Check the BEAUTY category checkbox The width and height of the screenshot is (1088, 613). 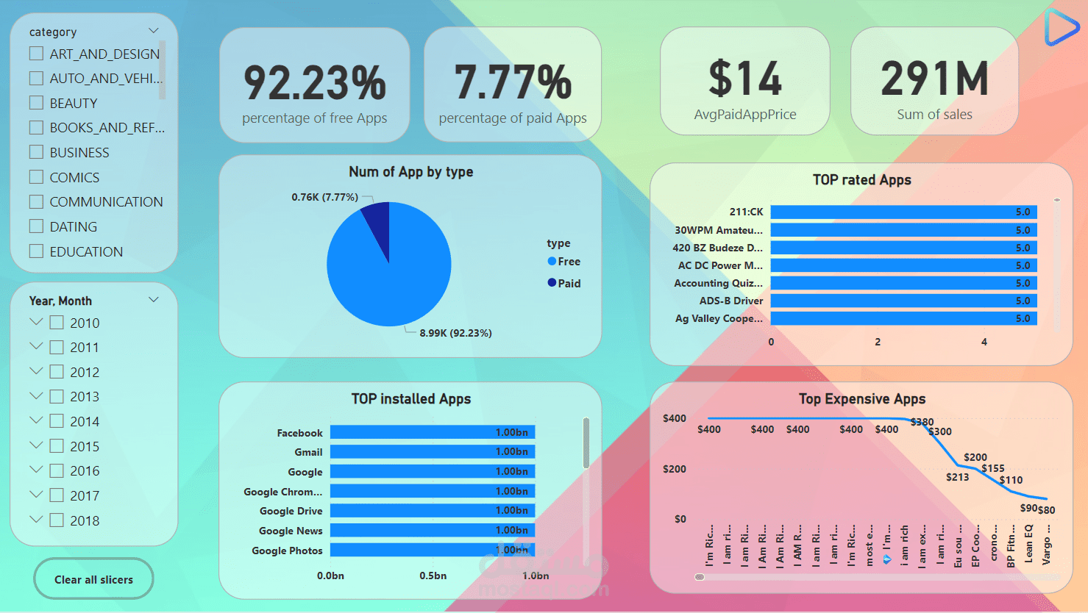point(36,103)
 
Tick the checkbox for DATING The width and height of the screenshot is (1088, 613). point(36,226)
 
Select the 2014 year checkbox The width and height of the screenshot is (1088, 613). point(57,421)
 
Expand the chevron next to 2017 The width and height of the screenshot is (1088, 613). point(36,495)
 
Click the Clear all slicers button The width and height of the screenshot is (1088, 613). point(93,579)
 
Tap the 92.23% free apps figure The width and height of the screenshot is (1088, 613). point(314,82)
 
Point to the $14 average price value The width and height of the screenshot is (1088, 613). point(744,79)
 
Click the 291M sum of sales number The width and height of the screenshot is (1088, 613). point(934,79)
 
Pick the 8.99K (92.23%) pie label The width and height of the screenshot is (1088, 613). point(455,333)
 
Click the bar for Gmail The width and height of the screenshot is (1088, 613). point(432,452)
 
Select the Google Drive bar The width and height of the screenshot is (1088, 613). point(432,511)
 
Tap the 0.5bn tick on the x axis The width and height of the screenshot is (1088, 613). point(433,576)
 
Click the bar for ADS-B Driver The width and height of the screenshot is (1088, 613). point(903,301)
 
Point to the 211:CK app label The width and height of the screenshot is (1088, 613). point(746,212)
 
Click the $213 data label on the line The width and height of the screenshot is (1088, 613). point(957,477)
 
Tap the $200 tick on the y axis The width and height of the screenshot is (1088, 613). point(674,469)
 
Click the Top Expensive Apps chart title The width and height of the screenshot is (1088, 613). point(861,399)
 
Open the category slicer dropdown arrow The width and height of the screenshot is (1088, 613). point(154,31)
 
